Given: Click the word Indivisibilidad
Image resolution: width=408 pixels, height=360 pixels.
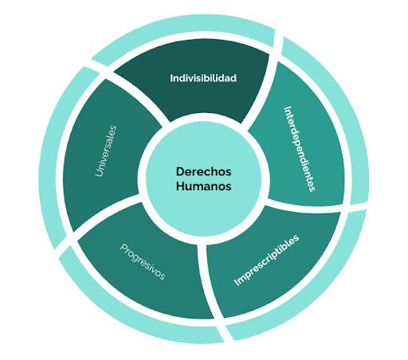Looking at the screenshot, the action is click(203, 78).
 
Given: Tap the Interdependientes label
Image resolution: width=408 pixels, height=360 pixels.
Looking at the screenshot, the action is click(300, 149).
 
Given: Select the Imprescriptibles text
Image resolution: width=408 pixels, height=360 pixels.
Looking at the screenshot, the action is click(266, 260).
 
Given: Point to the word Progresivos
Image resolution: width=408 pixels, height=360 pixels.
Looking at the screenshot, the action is click(143, 262).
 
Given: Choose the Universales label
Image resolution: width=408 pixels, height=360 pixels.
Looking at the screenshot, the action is click(106, 151).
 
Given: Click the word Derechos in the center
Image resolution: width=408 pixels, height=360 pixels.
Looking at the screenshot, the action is click(203, 172).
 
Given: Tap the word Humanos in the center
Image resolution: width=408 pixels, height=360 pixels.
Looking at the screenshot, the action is click(203, 186).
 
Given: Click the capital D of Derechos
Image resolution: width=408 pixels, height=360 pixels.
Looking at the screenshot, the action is click(180, 172).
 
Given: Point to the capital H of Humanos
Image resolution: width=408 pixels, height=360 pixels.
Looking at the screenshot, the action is click(180, 186).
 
